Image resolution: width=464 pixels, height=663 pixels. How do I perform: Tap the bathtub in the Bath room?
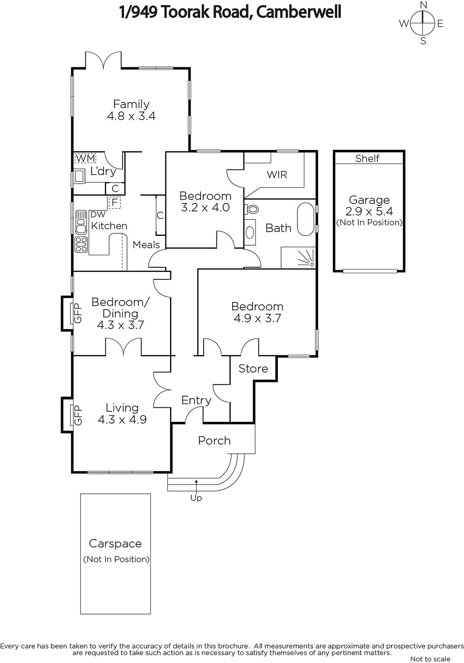[306, 219]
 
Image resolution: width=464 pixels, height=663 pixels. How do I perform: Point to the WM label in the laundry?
[85, 158]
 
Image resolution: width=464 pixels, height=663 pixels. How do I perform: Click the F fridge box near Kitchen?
[114, 203]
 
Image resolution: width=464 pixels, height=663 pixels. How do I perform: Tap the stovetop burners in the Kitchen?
[81, 244]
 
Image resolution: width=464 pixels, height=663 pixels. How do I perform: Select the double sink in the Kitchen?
[81, 222]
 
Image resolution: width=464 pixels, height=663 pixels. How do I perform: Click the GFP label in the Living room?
[78, 415]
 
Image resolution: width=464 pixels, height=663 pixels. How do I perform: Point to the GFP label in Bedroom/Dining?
[78, 313]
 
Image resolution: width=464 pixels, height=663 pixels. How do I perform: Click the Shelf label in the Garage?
[367, 158]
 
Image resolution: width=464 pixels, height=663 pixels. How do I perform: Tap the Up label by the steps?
[196, 498]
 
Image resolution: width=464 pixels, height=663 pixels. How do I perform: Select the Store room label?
[253, 368]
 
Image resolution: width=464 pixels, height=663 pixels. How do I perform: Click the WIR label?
[277, 174]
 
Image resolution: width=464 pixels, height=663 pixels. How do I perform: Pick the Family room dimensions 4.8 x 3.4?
[131, 116]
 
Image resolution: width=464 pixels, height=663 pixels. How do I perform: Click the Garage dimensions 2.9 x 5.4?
[369, 211]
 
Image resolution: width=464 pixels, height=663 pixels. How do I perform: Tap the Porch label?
[214, 441]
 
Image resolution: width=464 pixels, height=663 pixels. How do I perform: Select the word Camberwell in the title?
[299, 12]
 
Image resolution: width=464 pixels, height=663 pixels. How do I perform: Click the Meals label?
[146, 245]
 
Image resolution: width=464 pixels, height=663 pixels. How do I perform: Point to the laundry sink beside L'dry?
[79, 177]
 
